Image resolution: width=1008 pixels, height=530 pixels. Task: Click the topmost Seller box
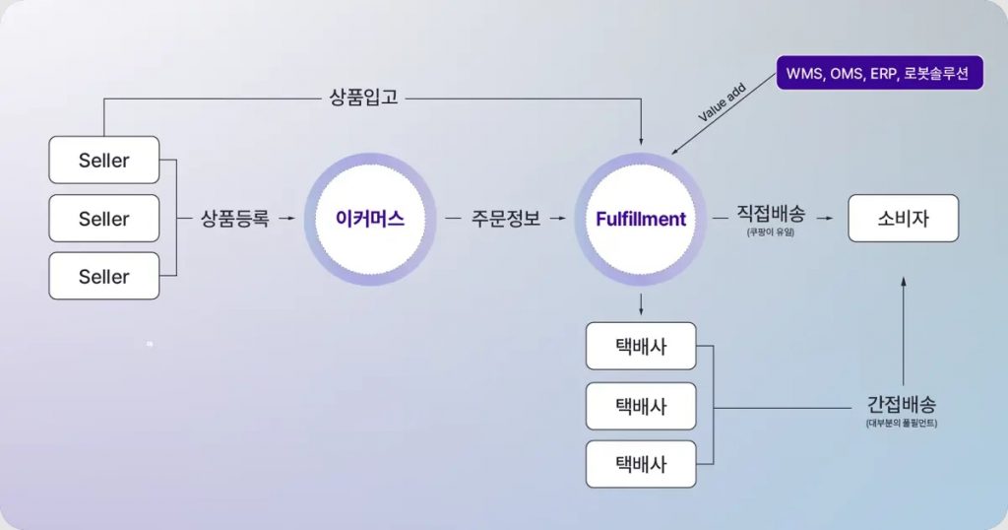[103, 160]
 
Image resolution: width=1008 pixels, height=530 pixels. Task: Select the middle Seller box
[103, 218]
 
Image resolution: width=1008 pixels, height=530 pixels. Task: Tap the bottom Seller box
[103, 276]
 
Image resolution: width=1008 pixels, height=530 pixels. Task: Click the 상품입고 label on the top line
[363, 98]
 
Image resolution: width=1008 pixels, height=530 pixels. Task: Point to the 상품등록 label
[234, 219]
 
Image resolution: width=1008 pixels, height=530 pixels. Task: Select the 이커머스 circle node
[369, 219]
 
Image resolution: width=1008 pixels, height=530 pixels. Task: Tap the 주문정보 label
[506, 219]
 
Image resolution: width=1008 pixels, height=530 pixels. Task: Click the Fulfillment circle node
[641, 219]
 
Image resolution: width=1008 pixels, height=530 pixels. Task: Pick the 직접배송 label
[771, 214]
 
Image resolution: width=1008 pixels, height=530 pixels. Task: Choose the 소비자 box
[903, 219]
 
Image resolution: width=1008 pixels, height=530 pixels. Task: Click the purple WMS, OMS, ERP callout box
[879, 73]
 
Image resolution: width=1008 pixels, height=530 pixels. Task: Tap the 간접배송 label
[902, 404]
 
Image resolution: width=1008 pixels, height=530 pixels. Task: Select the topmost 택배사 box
[641, 347]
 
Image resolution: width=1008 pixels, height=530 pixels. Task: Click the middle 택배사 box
[641, 405]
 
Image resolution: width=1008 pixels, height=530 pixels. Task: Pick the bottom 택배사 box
[641, 463]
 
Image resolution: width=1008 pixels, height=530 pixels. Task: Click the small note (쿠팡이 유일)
[771, 232]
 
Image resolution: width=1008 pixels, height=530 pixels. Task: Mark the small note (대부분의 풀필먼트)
[902, 424]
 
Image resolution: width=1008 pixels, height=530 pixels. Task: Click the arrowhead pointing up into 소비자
[903, 283]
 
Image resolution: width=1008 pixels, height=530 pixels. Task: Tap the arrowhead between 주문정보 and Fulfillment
[562, 219]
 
